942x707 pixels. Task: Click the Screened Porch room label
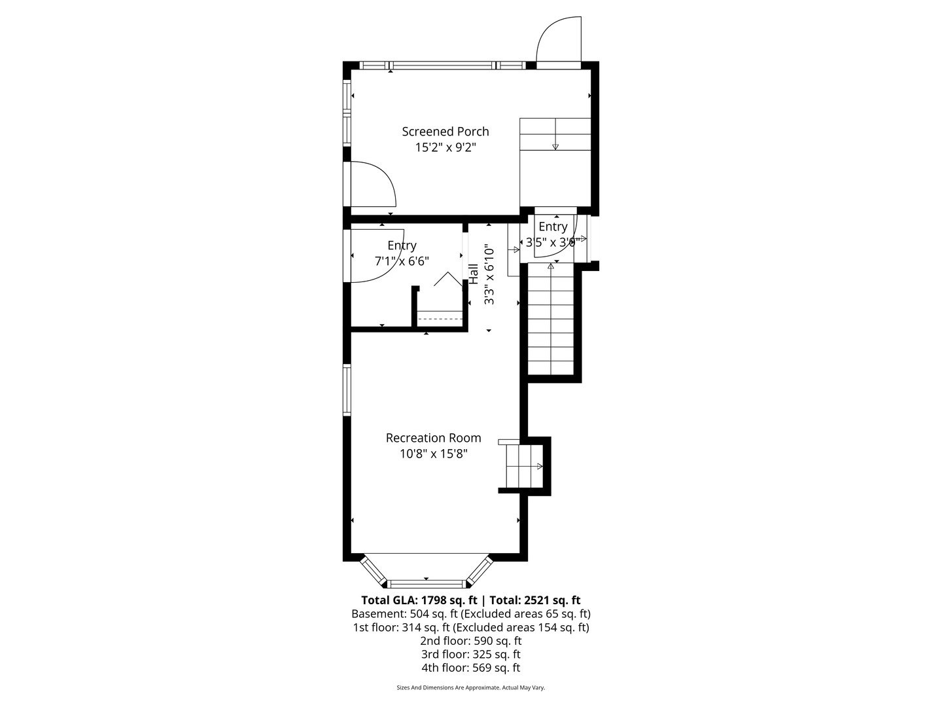[x=445, y=132]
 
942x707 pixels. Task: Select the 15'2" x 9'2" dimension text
[x=445, y=148]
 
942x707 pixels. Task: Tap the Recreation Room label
[x=433, y=438]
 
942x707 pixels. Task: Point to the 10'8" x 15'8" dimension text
[x=434, y=454]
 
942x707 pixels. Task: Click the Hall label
[x=473, y=274]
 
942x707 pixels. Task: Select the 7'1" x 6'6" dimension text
[x=402, y=261]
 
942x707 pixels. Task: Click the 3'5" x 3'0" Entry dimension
[x=551, y=242]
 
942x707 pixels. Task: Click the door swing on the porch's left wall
[x=372, y=185]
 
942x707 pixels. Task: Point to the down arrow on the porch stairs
[x=555, y=145]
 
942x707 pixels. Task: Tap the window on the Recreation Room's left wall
[x=347, y=390]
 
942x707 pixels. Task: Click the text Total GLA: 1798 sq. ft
[x=419, y=600]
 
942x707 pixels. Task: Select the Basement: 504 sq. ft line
[x=470, y=614]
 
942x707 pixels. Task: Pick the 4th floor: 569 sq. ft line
[x=470, y=668]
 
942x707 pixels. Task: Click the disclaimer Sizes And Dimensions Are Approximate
[x=470, y=688]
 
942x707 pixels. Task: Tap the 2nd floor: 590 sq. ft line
[x=470, y=641]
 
